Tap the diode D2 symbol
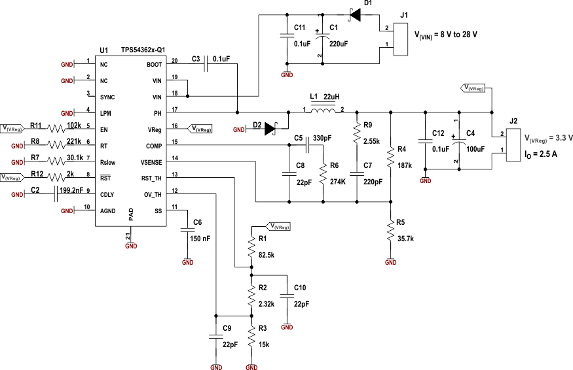pyautogui.click(x=271, y=129)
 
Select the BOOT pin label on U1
pyautogui.click(x=154, y=65)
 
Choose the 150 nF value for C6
pyautogui.click(x=200, y=239)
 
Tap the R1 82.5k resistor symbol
pyautogui.click(x=251, y=247)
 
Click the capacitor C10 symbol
pyautogui.click(x=287, y=296)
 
